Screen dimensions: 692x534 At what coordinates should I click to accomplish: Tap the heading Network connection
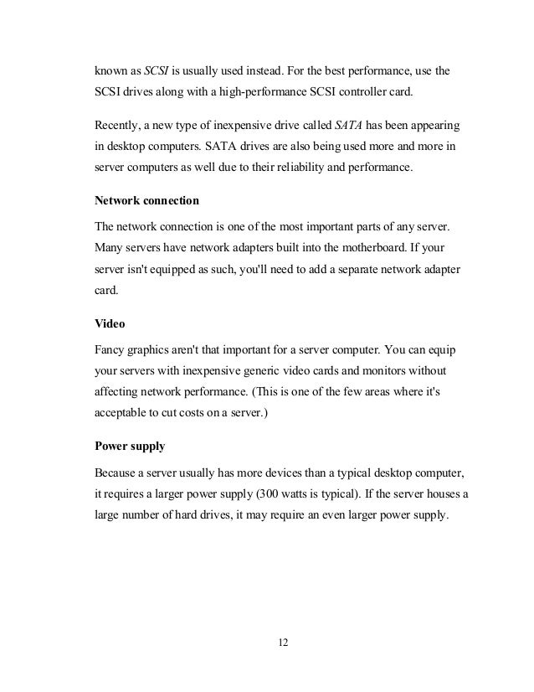point(146,201)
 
